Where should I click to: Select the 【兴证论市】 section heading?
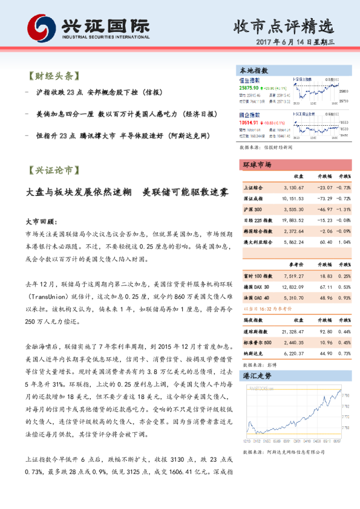tap(51, 171)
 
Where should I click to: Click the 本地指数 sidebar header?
tap(255, 70)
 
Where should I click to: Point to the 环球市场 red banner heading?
tap(257, 165)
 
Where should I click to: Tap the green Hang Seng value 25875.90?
tap(249, 88)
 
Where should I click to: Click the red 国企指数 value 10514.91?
tap(249, 121)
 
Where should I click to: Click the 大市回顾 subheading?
tap(41, 221)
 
